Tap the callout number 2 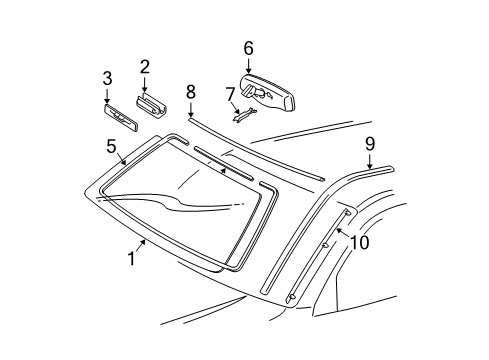click(x=145, y=67)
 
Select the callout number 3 click(x=108, y=79)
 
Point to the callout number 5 click(x=111, y=145)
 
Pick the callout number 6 click(x=248, y=47)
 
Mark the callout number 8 click(x=190, y=91)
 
